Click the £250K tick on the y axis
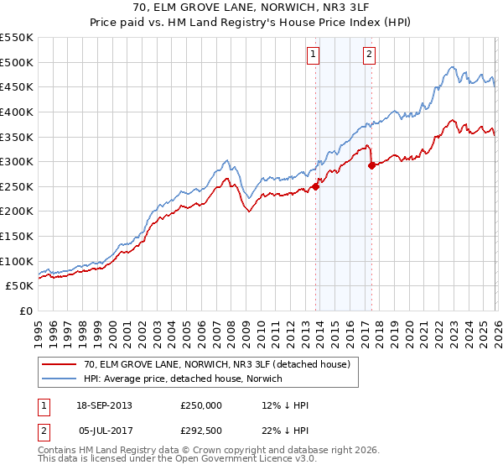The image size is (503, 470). [x=17, y=186]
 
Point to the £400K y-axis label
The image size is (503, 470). [x=17, y=112]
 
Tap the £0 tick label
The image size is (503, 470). [x=25, y=311]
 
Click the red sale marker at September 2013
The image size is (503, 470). [x=316, y=186]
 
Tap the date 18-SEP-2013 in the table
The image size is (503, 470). [x=104, y=405]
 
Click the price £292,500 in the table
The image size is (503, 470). [x=201, y=429]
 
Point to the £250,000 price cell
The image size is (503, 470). [x=201, y=405]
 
